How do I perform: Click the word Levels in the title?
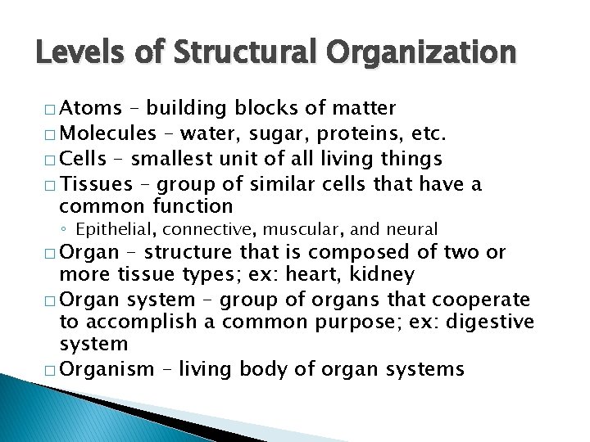tap(75, 54)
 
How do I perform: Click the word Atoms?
tap(92, 108)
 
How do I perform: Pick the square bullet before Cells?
tap(52, 158)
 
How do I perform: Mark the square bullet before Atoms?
tap(52, 109)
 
